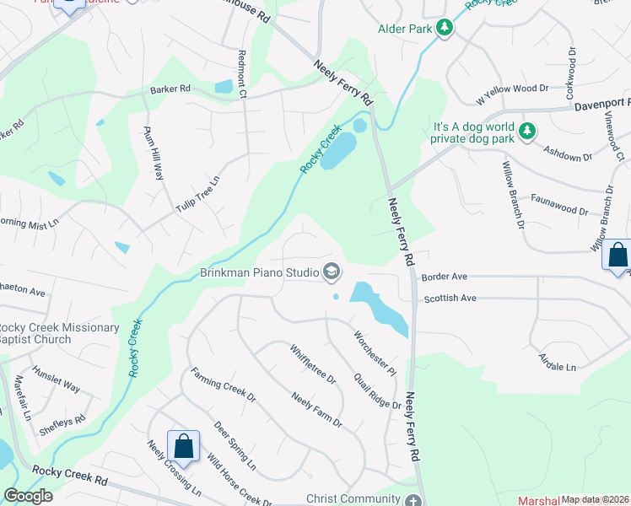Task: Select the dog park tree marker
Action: pyautogui.click(x=527, y=131)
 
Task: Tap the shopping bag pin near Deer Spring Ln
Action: pyautogui.click(x=183, y=444)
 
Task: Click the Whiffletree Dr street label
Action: pyautogui.click(x=312, y=363)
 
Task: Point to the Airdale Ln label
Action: pyautogui.click(x=557, y=362)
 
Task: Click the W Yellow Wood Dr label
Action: pyautogui.click(x=512, y=94)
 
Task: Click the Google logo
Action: pyautogui.click(x=29, y=496)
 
